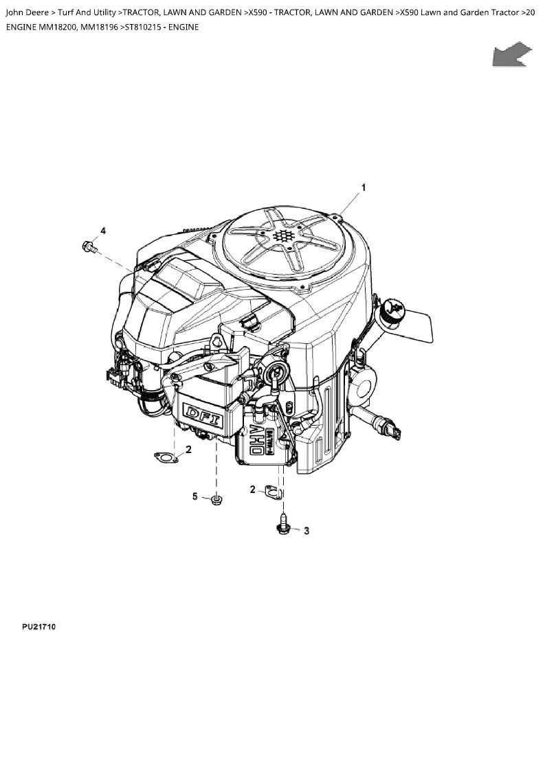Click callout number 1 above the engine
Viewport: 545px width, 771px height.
coord(364,187)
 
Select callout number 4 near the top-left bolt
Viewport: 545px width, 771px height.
coord(103,231)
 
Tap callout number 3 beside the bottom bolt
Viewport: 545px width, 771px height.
coord(307,531)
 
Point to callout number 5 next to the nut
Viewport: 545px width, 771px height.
coord(195,496)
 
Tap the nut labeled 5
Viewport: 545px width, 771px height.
coord(216,500)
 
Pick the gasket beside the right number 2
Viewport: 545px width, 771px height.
coord(274,492)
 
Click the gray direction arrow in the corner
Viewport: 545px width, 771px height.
coord(512,54)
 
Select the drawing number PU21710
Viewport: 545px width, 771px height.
coord(38,627)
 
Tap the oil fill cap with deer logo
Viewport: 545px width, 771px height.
coord(393,310)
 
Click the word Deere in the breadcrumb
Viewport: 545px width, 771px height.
coord(37,12)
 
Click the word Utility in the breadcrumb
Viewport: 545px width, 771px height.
coord(104,12)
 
